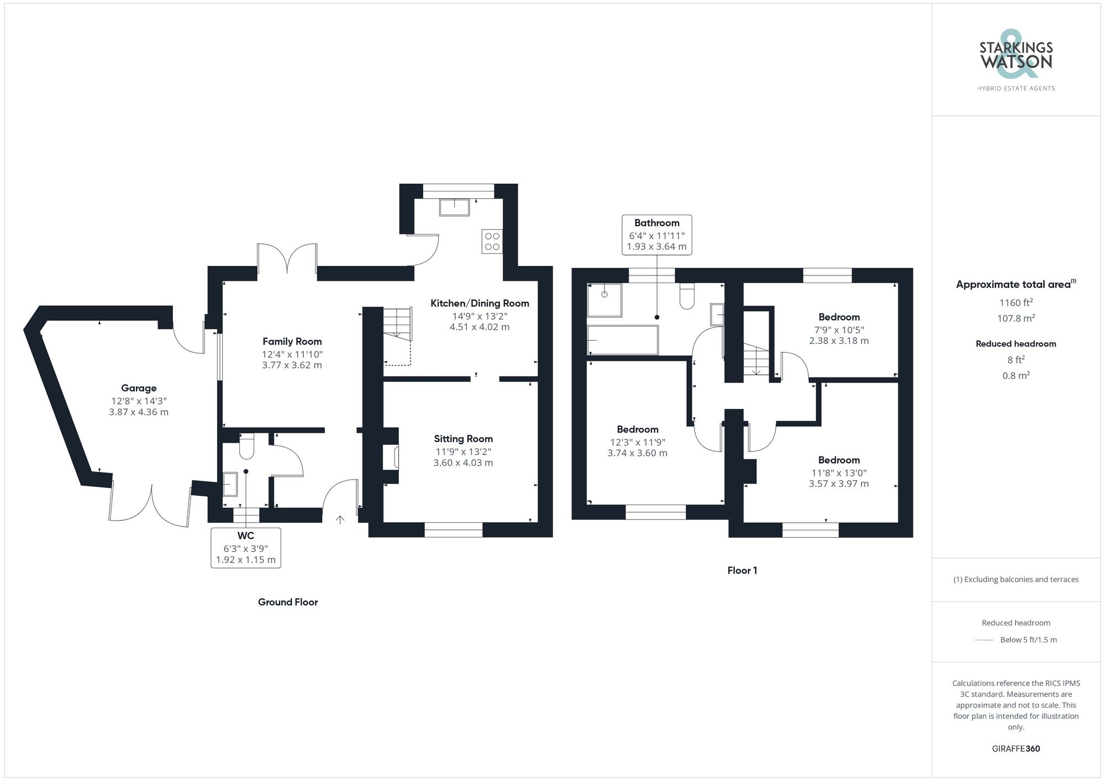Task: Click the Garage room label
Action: point(139,388)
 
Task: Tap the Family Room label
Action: point(292,342)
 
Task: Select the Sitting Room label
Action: point(463,439)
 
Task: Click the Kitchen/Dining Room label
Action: point(480,303)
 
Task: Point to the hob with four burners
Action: point(492,242)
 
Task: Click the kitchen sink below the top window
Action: point(454,208)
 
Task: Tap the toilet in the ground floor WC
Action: point(246,447)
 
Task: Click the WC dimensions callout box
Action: point(246,548)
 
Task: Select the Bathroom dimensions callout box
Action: point(656,235)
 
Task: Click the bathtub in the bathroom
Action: point(623,340)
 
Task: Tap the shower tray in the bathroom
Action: point(604,300)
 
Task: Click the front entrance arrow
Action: point(340,519)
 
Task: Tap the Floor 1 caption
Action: point(742,571)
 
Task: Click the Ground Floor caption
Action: point(288,602)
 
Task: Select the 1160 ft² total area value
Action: point(1015,302)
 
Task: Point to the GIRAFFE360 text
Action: point(1015,749)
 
